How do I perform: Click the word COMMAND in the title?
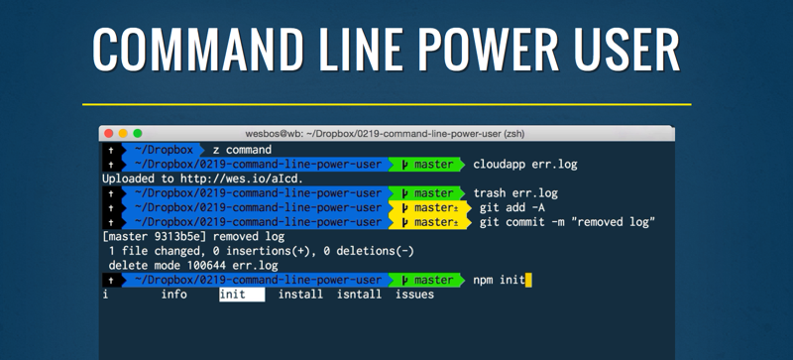(x=197, y=50)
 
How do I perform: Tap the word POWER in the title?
(x=490, y=50)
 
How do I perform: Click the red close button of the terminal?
(x=109, y=134)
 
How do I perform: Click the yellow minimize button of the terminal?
(x=123, y=134)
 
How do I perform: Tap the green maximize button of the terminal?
(x=138, y=134)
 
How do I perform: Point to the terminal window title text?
(x=385, y=134)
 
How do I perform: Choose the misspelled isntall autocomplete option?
(x=359, y=295)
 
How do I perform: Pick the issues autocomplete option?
(x=414, y=295)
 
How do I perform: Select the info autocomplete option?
(x=174, y=295)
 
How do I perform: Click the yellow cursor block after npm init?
(x=528, y=280)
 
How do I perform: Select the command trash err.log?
(x=515, y=193)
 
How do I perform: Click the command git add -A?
(x=511, y=207)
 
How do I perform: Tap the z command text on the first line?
(x=242, y=150)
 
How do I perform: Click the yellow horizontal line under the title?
(x=387, y=105)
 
